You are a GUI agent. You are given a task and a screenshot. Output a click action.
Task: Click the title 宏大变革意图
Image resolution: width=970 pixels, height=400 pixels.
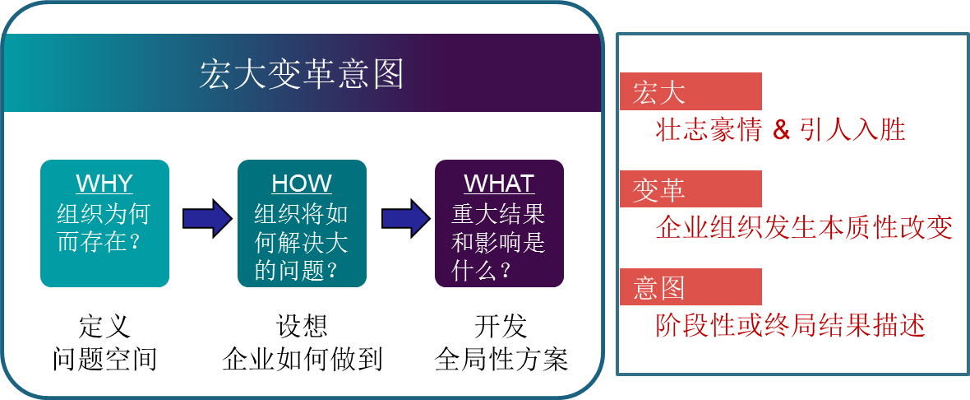tap(302, 75)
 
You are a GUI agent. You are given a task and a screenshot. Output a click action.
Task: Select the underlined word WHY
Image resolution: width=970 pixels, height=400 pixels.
tap(104, 184)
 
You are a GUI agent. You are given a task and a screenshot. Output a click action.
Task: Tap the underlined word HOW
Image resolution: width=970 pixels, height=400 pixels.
tap(302, 184)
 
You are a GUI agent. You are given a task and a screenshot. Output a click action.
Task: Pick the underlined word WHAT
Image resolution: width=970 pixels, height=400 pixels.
tap(499, 184)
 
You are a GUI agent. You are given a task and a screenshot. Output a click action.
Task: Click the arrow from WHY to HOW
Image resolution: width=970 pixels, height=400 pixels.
tap(207, 218)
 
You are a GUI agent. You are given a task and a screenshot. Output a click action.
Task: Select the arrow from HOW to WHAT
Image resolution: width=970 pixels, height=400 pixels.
tap(406, 218)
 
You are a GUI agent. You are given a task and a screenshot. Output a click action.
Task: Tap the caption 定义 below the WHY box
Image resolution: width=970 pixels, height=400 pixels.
tap(104, 327)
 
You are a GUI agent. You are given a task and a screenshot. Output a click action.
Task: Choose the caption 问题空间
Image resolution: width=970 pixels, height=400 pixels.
tap(104, 359)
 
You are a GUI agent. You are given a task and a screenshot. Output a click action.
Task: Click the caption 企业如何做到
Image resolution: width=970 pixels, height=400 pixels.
tap(302, 359)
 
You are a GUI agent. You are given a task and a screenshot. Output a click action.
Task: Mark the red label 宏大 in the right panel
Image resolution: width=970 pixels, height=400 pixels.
tap(659, 93)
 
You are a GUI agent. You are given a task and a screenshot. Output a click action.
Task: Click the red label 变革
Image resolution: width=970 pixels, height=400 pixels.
tap(659, 190)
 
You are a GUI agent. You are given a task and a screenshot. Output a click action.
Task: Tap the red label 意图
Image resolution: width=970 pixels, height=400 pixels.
tap(659, 288)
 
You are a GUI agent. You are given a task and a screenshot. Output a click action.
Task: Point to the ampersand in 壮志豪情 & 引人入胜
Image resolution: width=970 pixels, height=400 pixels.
tap(782, 130)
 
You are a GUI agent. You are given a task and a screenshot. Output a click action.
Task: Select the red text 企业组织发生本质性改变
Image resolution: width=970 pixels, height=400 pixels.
tap(804, 227)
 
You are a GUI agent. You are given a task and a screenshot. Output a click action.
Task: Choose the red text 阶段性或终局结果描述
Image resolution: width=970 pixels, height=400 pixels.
tap(790, 324)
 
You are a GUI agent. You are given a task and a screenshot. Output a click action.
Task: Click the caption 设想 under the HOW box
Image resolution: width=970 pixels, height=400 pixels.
tap(302, 327)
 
